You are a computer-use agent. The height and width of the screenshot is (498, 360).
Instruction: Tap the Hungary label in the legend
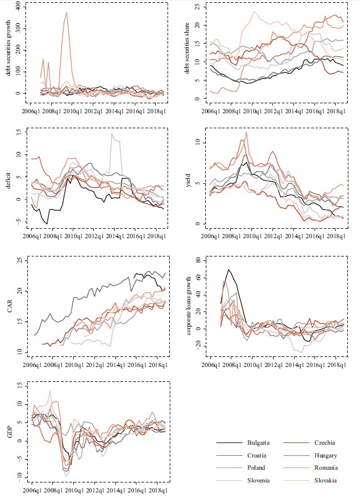pos(325,455)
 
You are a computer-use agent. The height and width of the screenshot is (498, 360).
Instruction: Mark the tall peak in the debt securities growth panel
pos(67,12)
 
